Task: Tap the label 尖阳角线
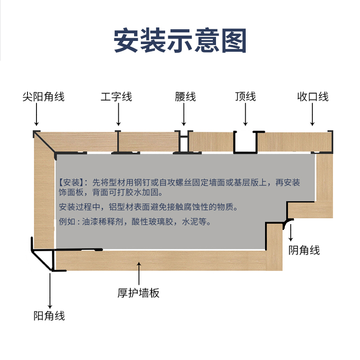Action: coord(44,96)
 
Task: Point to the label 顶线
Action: coord(245,96)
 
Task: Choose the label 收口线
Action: coord(313,96)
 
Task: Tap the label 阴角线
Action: coord(304,250)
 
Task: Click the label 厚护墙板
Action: coord(139,293)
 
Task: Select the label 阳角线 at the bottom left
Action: coord(49,316)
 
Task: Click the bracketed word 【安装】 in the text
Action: coord(71,183)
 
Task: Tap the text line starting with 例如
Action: coord(135,222)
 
